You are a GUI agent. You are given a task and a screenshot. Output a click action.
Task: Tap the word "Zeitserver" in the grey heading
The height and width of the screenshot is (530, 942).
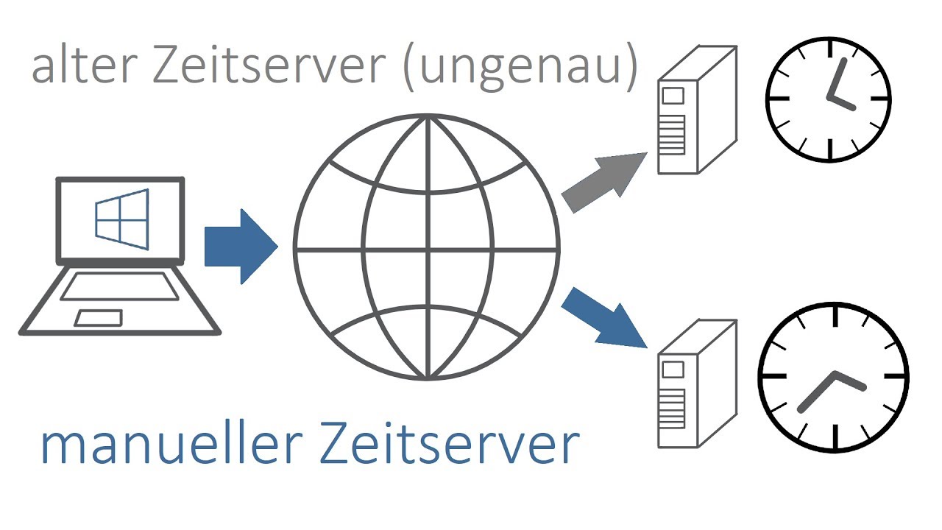(269, 66)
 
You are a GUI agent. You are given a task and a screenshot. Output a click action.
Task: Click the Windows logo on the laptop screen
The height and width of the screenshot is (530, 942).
(121, 219)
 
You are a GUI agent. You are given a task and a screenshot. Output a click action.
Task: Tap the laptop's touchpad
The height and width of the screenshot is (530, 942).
(99, 318)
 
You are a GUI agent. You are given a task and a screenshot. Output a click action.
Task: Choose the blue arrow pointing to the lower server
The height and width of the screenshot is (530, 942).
(605, 317)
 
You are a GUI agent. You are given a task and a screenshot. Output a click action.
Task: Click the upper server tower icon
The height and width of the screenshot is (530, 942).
(696, 110)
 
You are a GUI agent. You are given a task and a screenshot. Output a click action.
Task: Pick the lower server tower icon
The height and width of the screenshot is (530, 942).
(696, 384)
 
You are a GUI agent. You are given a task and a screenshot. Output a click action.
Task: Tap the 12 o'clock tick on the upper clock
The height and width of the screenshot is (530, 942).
(829, 49)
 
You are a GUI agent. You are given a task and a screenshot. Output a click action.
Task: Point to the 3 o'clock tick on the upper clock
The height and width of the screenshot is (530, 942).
(880, 98)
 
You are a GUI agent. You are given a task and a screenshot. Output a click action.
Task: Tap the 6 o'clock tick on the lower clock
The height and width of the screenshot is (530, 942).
(835, 437)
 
